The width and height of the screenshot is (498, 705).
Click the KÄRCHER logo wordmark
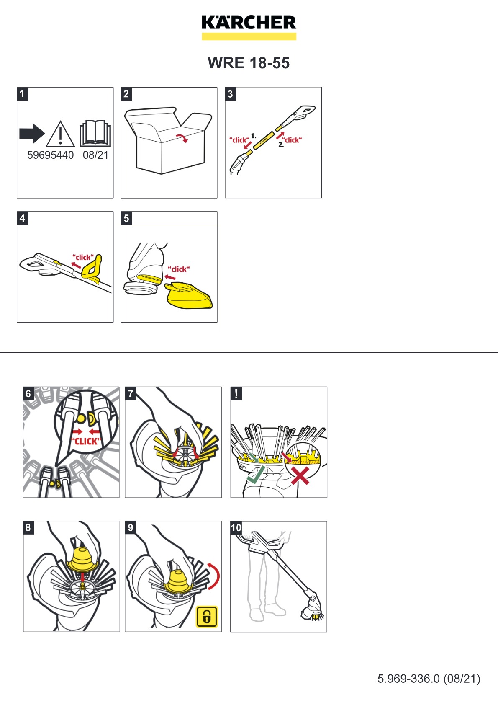(x=249, y=23)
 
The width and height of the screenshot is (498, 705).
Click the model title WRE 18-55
(x=249, y=63)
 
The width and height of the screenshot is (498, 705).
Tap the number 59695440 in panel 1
(x=50, y=155)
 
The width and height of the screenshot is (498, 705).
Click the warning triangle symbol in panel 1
(x=60, y=135)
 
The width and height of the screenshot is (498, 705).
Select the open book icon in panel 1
(x=95, y=133)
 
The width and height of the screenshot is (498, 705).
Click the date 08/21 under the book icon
(x=95, y=155)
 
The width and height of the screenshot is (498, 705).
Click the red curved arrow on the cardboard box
(x=182, y=138)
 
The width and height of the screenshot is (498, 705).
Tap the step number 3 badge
(x=230, y=94)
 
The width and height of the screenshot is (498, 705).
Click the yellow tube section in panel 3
(x=264, y=140)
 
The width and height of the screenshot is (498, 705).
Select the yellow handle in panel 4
(x=92, y=268)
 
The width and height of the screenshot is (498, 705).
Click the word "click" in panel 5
(x=179, y=269)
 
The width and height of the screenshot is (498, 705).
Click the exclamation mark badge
(x=236, y=393)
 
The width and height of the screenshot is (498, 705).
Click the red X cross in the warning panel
(x=300, y=476)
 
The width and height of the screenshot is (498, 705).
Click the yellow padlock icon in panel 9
(x=207, y=617)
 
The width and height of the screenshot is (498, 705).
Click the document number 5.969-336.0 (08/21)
(x=429, y=679)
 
